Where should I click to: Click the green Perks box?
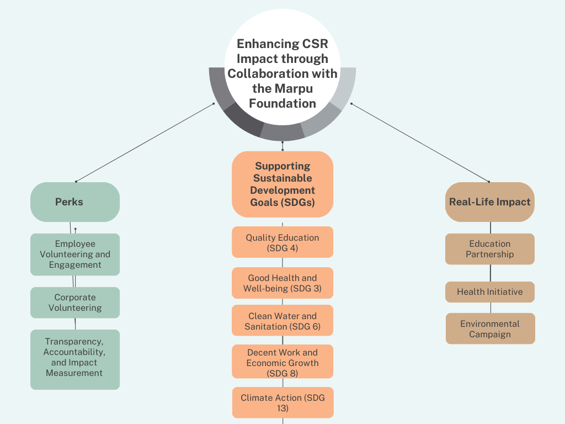(75, 202)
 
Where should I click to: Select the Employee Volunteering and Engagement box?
(75, 255)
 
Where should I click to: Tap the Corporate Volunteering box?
(75, 303)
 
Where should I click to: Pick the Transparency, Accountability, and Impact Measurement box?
(75, 359)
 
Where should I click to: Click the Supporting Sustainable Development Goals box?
(282, 184)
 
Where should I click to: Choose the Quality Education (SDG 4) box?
(282, 242)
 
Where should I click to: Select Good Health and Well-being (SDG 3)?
(282, 283)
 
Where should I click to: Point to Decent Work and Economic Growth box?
(282, 361)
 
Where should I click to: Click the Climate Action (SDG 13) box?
(283, 402)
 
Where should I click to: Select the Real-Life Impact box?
(490, 202)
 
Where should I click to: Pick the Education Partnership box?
(490, 249)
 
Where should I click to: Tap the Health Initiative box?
(490, 292)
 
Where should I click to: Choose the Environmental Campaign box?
(490, 328)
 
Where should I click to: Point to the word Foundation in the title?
(282, 103)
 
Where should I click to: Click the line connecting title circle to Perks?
(145, 142)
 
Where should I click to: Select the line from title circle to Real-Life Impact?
(420, 142)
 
